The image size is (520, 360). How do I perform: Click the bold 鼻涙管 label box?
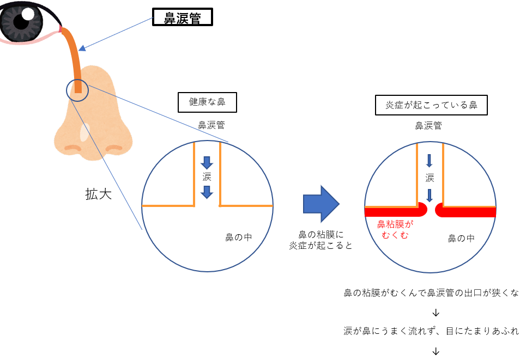coord(182,18)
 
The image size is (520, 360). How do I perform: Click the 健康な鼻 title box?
coord(207,102)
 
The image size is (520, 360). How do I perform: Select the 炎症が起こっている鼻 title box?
coord(431,105)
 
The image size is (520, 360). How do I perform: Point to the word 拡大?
coord(98,194)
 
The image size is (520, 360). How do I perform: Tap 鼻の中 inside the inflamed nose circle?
coord(461,238)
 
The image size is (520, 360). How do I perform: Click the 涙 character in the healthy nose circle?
coord(207,177)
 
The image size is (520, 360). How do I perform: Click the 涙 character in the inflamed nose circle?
coord(430,178)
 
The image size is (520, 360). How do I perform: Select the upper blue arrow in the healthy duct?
coord(207,162)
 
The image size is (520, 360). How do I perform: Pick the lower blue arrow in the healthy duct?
coord(207,192)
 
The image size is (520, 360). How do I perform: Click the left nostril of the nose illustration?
coord(72,148)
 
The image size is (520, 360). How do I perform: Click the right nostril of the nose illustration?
coord(114,148)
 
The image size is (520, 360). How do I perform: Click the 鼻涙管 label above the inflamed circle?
coord(428,126)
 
